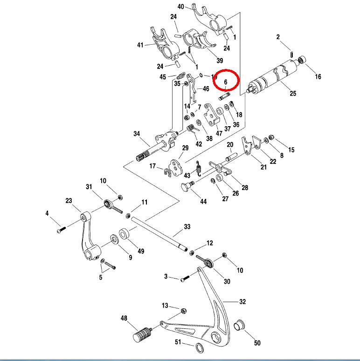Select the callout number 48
124,319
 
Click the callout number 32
242,302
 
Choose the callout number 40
181,7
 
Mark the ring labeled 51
199,347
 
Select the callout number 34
137,134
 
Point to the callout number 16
318,77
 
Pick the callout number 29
185,148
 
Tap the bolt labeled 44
187,187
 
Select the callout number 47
219,133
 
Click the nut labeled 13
183,310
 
